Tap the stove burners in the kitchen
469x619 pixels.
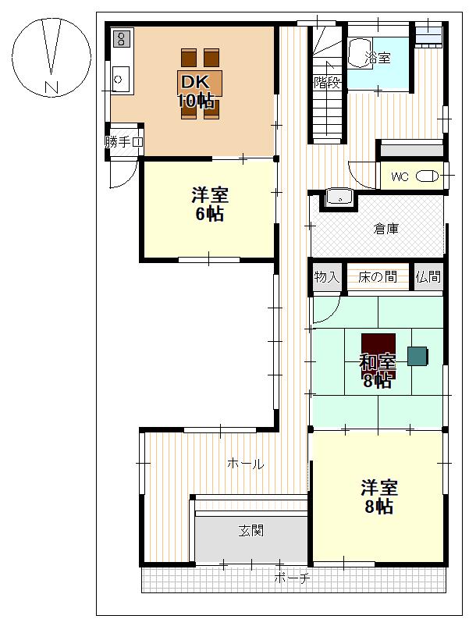(x=122, y=39)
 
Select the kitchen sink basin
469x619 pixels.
(x=120, y=79)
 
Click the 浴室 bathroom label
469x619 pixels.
(x=378, y=58)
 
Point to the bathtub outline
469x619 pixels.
(x=360, y=54)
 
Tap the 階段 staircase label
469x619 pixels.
(x=327, y=83)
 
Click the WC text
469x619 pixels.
(x=400, y=176)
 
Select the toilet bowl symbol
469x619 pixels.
(x=427, y=176)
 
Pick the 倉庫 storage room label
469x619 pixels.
(x=386, y=229)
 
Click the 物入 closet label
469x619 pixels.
(x=327, y=276)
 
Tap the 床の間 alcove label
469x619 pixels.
(x=378, y=277)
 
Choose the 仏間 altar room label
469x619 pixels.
(x=428, y=276)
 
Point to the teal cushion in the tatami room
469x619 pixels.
(x=417, y=356)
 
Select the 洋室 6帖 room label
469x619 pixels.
(x=210, y=205)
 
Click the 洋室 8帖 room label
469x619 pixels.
(x=378, y=496)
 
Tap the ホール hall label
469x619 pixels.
(x=246, y=464)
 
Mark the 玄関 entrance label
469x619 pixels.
(x=251, y=531)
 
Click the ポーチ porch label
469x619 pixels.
(x=292, y=578)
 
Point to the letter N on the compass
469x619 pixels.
(x=52, y=87)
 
